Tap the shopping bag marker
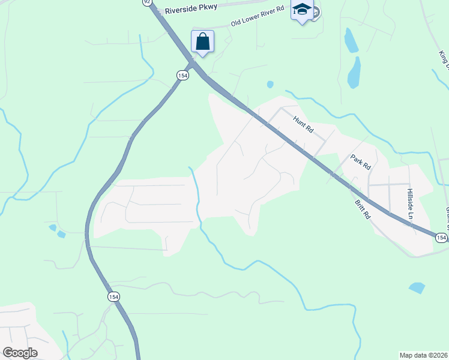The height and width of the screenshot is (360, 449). [x=203, y=42]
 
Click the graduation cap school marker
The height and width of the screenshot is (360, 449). [x=302, y=10]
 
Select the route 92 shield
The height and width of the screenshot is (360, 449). [x=147, y=2]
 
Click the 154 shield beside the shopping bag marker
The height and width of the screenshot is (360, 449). [x=182, y=74]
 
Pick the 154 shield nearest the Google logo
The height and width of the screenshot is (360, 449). [x=113, y=296]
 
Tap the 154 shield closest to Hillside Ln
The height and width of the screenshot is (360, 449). [x=441, y=238]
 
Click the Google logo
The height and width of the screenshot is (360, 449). [x=20, y=353]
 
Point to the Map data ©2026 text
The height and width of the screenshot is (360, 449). [x=424, y=355]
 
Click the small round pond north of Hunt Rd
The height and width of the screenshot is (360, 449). [x=270, y=84]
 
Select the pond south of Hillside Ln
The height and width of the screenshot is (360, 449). [x=417, y=288]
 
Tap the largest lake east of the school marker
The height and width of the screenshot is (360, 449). [x=354, y=72]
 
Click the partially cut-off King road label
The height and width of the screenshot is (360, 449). [x=444, y=58]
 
